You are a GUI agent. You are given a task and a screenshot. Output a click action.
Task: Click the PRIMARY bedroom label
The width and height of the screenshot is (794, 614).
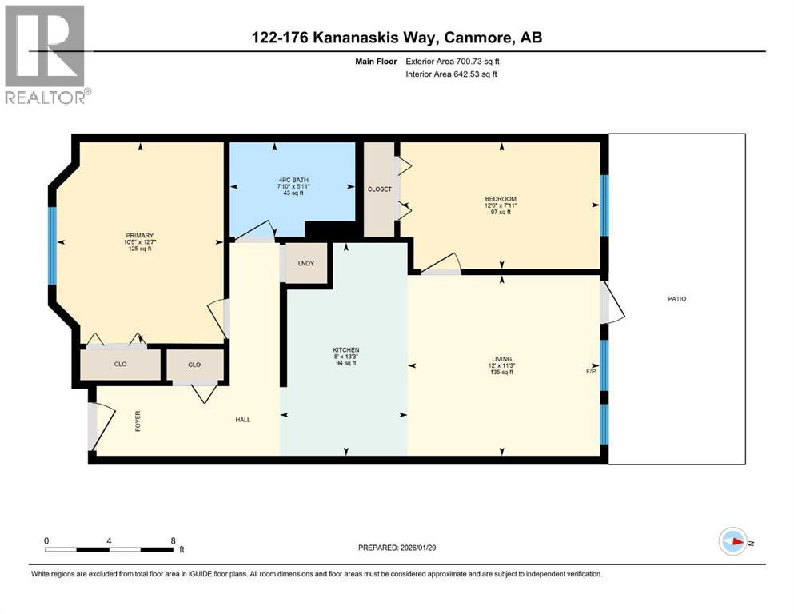coord(138,235)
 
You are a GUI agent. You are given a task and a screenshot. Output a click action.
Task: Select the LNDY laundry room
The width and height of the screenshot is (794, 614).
coord(306,263)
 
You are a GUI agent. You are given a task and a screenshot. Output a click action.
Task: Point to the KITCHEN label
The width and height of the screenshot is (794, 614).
coord(345,350)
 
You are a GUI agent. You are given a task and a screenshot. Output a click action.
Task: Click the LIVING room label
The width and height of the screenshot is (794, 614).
coord(501,359)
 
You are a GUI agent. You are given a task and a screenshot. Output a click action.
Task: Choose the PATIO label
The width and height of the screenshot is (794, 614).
coord(677,299)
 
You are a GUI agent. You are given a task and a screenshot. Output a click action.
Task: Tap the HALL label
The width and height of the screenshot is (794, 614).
coord(243,419)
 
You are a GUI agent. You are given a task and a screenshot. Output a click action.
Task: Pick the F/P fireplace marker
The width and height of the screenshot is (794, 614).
coord(591,372)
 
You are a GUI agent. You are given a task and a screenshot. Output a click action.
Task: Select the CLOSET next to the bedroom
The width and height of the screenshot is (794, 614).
coord(379,189)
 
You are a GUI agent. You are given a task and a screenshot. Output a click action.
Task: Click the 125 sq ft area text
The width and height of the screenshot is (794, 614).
coord(138,249)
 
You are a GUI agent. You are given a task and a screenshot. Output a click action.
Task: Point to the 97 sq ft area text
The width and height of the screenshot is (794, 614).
coord(501,213)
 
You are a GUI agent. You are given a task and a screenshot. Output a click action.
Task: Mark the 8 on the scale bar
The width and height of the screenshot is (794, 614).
coord(173,540)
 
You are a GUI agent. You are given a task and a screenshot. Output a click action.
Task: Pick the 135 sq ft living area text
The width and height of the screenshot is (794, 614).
coord(501,372)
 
